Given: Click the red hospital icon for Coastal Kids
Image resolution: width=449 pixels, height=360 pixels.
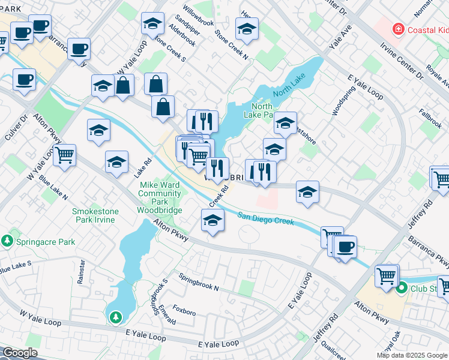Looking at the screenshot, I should point(397,28).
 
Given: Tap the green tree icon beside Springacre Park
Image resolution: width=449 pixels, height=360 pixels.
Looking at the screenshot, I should point(7,241).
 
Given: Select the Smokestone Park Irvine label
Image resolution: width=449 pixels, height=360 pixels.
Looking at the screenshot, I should point(97,215).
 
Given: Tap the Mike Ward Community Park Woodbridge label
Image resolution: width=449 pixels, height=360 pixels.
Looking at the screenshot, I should point(160,197).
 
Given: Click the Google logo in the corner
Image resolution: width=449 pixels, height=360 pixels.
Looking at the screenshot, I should point(20,353).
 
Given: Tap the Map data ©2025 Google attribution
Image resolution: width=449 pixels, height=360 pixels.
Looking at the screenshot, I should point(412,355).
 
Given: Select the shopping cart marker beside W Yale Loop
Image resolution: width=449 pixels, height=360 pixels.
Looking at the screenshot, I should point(65,155).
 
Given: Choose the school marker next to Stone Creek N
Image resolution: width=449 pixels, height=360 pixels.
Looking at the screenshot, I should point(247,28).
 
